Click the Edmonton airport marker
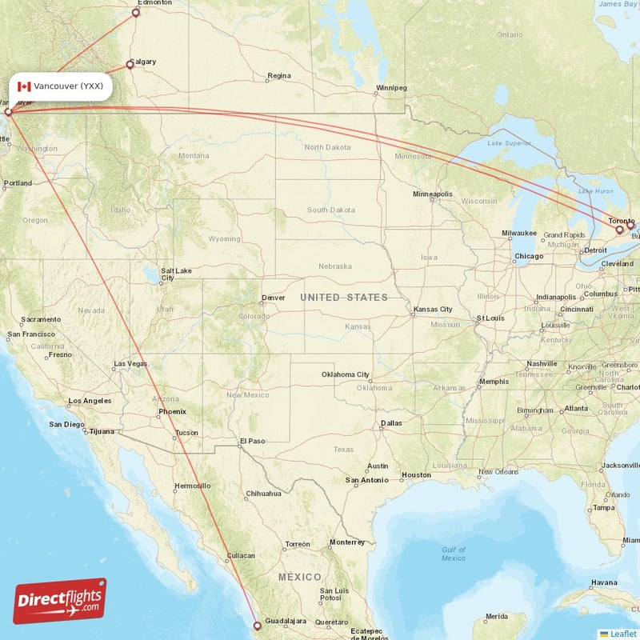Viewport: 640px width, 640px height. pyautogui.click(x=136, y=12)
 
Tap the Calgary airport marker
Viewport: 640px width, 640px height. pyautogui.click(x=130, y=65)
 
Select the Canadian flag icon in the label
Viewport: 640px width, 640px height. pyautogui.click(x=24, y=86)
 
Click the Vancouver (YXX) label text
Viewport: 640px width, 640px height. pyautogui.click(x=68, y=86)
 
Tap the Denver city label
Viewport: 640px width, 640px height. pyautogui.click(x=273, y=298)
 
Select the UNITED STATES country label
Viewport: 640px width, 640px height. pyautogui.click(x=344, y=298)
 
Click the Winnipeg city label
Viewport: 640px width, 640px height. pyautogui.click(x=392, y=87)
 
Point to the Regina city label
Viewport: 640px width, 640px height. pyautogui.click(x=279, y=76)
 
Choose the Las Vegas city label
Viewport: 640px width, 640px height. pyautogui.click(x=130, y=364)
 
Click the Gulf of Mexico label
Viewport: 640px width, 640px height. pyautogui.click(x=453, y=554)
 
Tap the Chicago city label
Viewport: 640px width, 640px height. pyautogui.click(x=529, y=256)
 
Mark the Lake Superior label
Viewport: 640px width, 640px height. pyautogui.click(x=510, y=143)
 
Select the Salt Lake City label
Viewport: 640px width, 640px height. pyautogui.click(x=175, y=274)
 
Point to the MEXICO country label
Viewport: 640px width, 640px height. pyautogui.click(x=300, y=577)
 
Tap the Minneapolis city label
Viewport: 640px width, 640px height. pyautogui.click(x=433, y=194)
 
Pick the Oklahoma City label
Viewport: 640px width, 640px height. pyautogui.click(x=346, y=374)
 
